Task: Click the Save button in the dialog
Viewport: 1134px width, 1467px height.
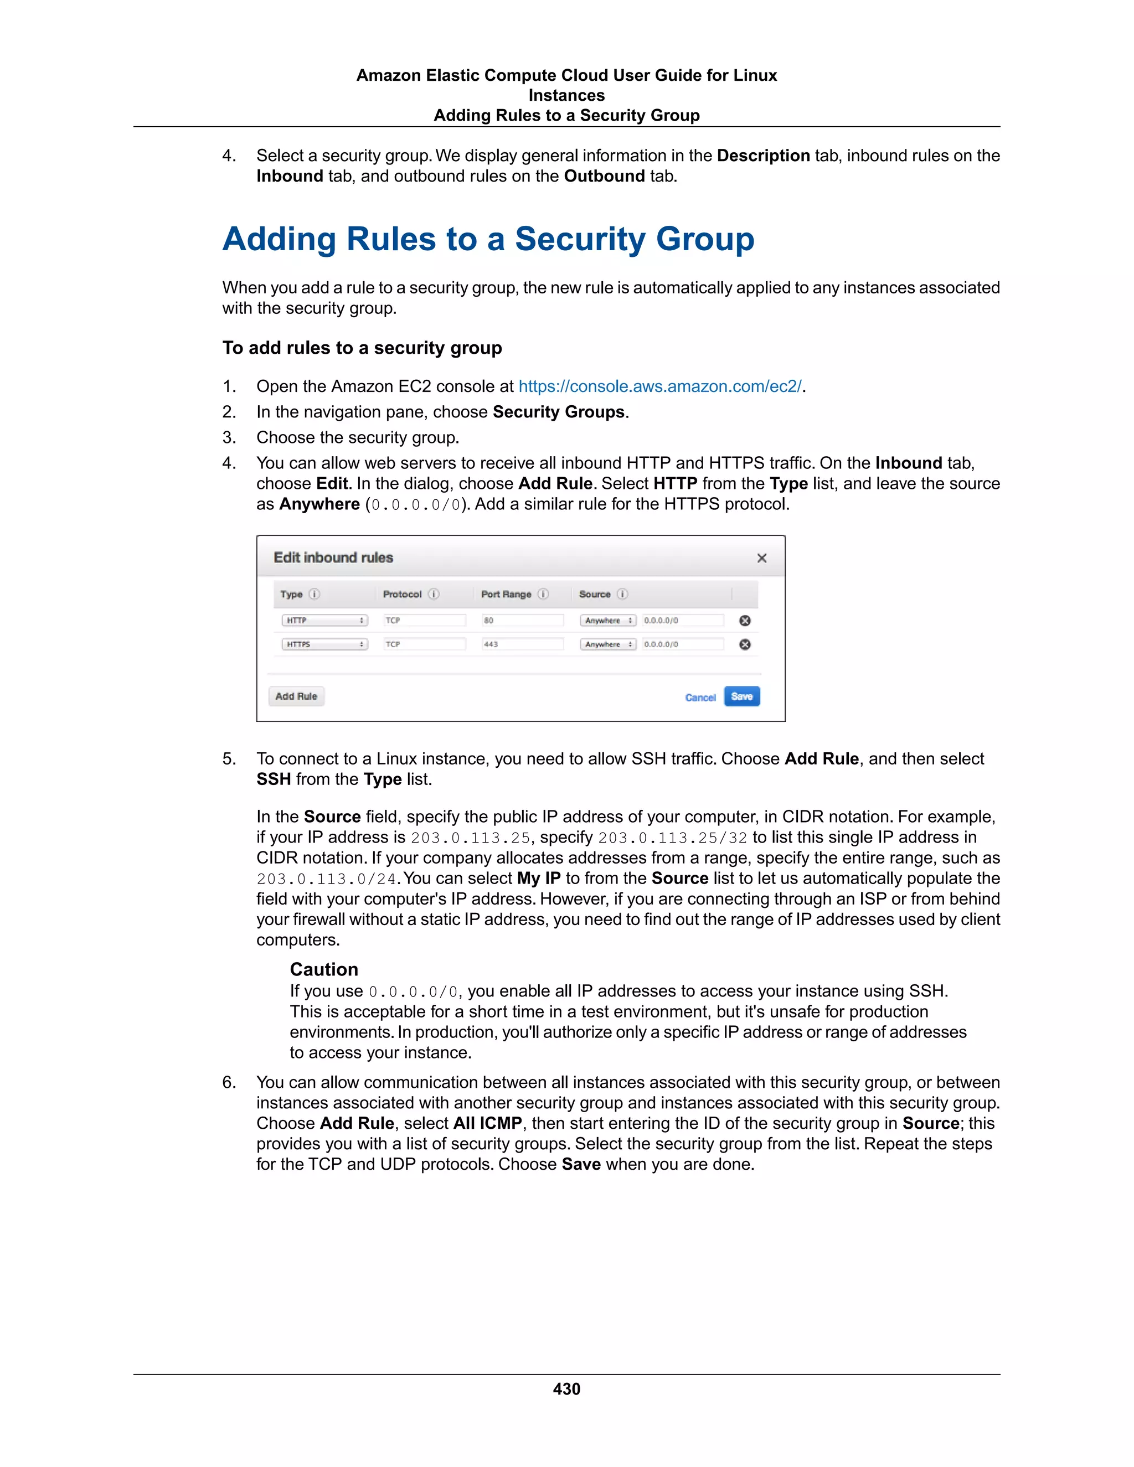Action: [x=741, y=696]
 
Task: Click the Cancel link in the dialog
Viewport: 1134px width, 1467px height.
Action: [x=700, y=697]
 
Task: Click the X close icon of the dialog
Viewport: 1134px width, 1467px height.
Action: [x=761, y=558]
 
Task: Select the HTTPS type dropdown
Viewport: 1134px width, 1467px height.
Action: [x=324, y=644]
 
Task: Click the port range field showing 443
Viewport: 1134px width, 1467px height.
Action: [x=522, y=644]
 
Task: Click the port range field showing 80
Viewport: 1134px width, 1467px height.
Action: [x=522, y=620]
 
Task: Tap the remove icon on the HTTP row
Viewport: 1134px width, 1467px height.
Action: [x=744, y=621]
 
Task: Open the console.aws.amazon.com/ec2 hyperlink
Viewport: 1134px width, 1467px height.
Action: [x=659, y=386]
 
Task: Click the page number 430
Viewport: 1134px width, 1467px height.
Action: [x=566, y=1389]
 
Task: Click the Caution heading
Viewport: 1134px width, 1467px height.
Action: [x=324, y=969]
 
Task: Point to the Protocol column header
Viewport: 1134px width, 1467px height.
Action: [x=403, y=594]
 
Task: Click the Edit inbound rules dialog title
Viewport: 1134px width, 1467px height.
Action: [x=333, y=557]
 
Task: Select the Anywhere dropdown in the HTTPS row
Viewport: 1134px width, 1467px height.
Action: [x=608, y=644]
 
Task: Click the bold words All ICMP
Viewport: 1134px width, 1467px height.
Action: [x=487, y=1123]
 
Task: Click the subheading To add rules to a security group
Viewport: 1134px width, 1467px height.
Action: [x=362, y=348]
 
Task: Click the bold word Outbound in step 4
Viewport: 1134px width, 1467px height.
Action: [x=604, y=176]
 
